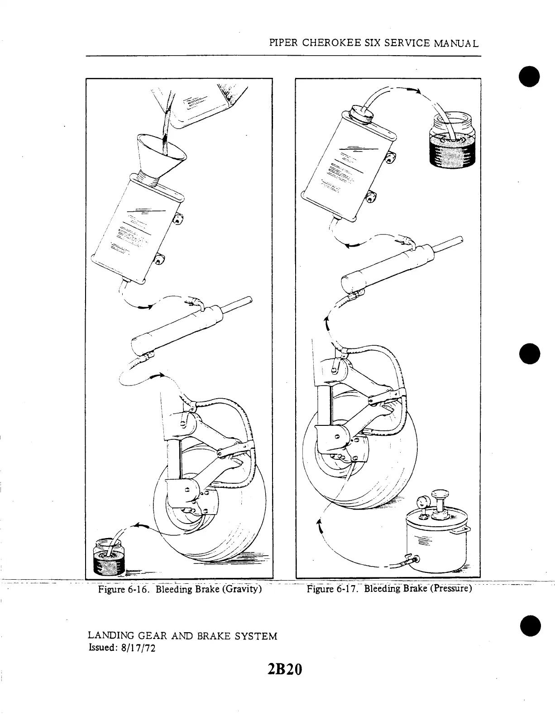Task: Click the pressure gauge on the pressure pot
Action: pos(424,502)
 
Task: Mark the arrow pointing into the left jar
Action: pos(140,526)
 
